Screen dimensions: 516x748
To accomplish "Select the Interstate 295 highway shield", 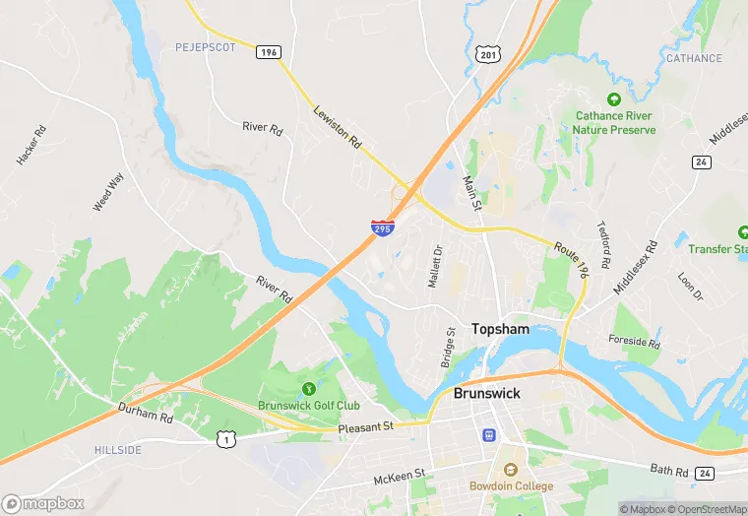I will [383, 227].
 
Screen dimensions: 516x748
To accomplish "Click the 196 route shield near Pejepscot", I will [268, 51].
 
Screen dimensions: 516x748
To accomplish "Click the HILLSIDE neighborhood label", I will [118, 450].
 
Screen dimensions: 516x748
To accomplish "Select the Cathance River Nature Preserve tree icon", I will [614, 99].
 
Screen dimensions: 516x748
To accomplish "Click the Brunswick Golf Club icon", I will [309, 388].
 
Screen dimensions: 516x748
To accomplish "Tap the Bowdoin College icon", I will [510, 469].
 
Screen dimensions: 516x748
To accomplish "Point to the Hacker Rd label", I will [31, 146].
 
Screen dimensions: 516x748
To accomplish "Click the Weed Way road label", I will [108, 191].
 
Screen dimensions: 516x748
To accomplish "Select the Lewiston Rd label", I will [338, 127].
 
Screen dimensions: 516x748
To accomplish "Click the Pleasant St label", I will [365, 426].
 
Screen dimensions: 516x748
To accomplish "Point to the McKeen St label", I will [399, 477].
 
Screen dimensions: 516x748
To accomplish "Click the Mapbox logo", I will [44, 503].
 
